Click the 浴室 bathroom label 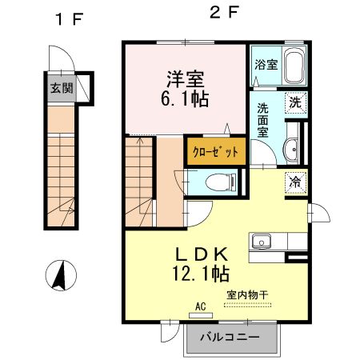pyautogui.click(x=266, y=65)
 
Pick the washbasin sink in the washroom pyautogui.click(x=292, y=147)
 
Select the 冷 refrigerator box pyautogui.click(x=295, y=182)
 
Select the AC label pyautogui.click(x=200, y=306)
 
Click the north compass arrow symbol pyautogui.click(x=58, y=275)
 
